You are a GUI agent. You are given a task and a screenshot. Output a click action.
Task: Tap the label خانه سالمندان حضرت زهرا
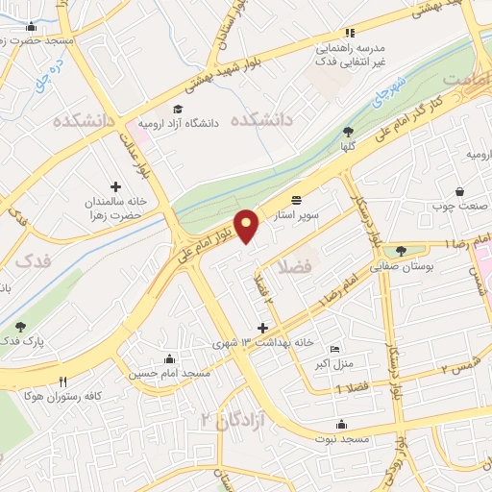(115, 209)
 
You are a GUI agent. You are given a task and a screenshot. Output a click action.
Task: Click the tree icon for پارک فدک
(21, 327)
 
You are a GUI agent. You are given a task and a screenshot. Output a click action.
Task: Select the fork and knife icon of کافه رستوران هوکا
(63, 381)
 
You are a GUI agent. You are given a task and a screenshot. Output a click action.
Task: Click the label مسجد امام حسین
(170, 373)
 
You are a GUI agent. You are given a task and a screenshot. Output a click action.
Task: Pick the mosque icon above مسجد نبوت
(341, 425)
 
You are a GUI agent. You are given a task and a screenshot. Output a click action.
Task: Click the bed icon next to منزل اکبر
(333, 349)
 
